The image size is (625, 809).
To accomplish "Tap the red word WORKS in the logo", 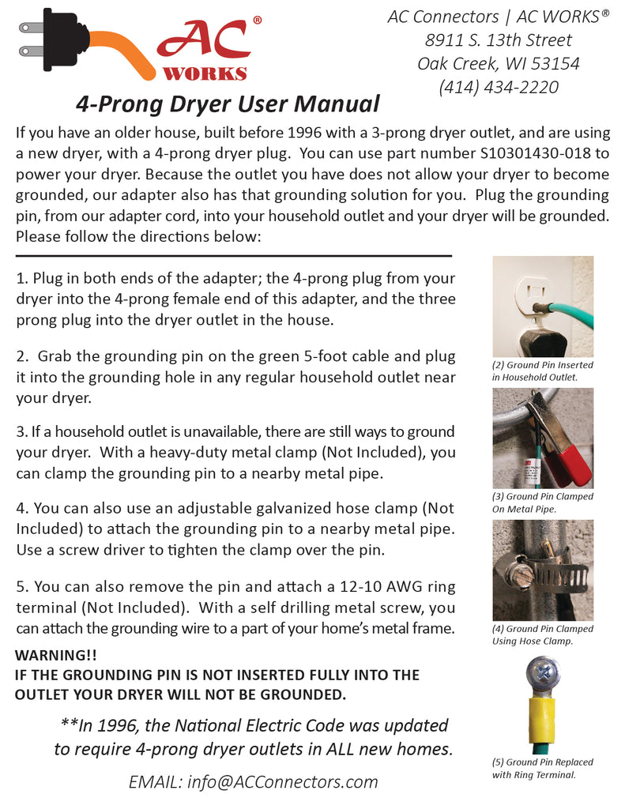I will point(205,73).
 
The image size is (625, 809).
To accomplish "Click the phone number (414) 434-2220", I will point(499,87).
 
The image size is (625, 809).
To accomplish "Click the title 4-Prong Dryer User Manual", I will point(228,103).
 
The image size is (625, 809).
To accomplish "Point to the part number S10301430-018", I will point(544,153).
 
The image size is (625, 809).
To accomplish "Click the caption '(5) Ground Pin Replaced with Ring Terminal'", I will point(542,768).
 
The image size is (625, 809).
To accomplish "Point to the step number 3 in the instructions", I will point(21,432).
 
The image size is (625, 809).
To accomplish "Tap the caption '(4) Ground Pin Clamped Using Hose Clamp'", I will point(542,634).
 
